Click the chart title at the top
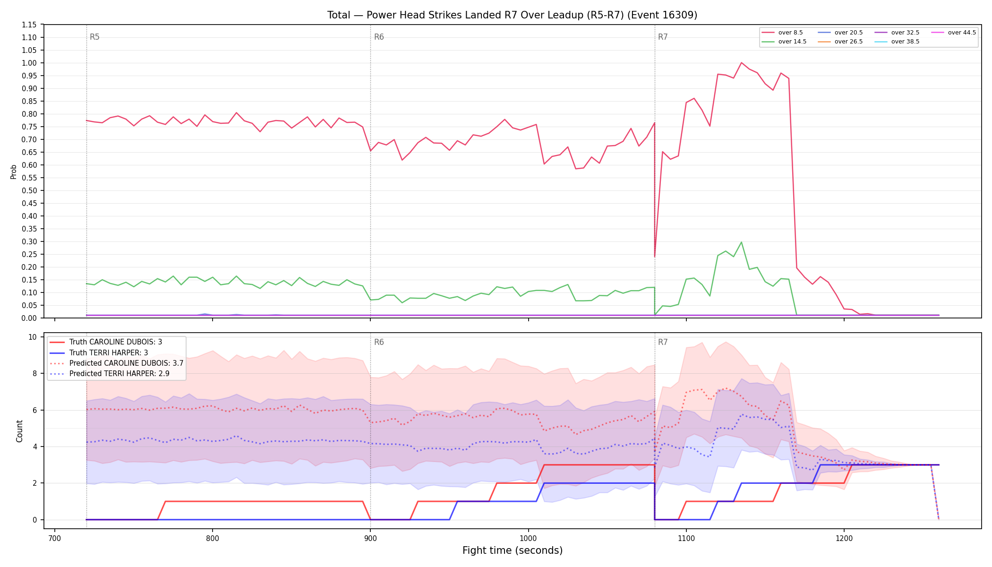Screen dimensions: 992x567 point(512,15)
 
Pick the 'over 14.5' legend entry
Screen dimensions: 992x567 point(784,42)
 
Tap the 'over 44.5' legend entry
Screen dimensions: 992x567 point(954,33)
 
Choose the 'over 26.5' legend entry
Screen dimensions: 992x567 point(840,42)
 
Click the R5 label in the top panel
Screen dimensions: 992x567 point(94,37)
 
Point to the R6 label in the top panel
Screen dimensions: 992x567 point(379,37)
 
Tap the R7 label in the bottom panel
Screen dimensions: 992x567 point(663,342)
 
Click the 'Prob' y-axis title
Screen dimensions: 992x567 point(14,172)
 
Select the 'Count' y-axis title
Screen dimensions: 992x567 point(19,431)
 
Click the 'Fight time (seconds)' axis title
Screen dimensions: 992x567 point(513,550)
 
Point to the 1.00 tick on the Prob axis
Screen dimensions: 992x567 point(29,63)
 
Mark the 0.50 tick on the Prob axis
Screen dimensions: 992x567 point(29,190)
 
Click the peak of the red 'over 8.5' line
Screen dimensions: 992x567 point(741,63)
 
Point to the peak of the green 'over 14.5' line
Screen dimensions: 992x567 point(741,242)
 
